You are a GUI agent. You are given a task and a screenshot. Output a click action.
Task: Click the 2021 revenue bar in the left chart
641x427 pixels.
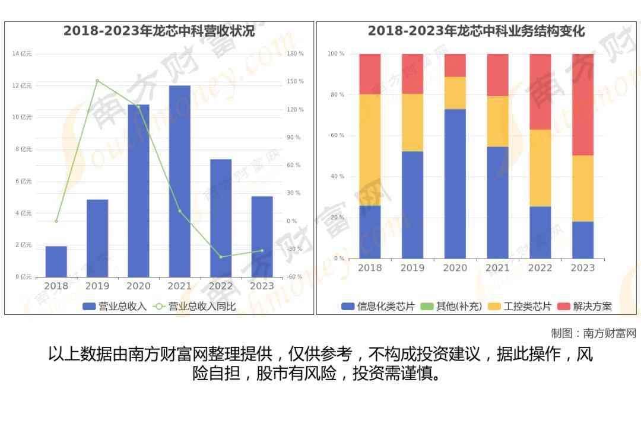(179, 181)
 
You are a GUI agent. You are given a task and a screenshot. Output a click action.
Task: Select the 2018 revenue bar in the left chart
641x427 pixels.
(56, 262)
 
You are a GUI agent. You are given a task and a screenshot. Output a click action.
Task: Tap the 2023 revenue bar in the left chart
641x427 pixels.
(262, 237)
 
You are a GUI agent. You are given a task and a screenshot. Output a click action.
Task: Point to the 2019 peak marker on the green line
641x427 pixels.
(97, 81)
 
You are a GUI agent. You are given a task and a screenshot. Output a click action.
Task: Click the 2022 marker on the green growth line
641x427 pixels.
(221, 257)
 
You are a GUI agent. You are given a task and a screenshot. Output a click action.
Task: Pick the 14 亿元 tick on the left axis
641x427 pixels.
(23, 54)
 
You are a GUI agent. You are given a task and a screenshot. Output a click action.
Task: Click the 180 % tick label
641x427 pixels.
(295, 54)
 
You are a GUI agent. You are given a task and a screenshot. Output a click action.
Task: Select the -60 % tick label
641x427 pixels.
(294, 277)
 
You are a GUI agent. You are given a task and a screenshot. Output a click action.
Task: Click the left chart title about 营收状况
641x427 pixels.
(159, 31)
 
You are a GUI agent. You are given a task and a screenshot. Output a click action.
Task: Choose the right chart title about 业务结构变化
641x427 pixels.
(476, 31)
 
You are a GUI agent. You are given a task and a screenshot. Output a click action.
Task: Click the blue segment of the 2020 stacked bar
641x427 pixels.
(455, 184)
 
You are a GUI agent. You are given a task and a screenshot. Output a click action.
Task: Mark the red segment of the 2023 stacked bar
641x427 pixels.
(583, 104)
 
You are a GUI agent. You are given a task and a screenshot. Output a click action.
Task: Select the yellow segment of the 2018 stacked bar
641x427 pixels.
(370, 150)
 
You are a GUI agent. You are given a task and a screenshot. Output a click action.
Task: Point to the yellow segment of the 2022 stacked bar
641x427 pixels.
(540, 168)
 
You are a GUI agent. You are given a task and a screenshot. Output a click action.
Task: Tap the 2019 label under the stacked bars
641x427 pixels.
(412, 268)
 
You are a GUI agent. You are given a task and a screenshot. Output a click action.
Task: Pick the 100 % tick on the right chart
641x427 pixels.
(336, 54)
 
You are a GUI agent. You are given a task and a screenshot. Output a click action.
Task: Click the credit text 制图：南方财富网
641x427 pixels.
(594, 333)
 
